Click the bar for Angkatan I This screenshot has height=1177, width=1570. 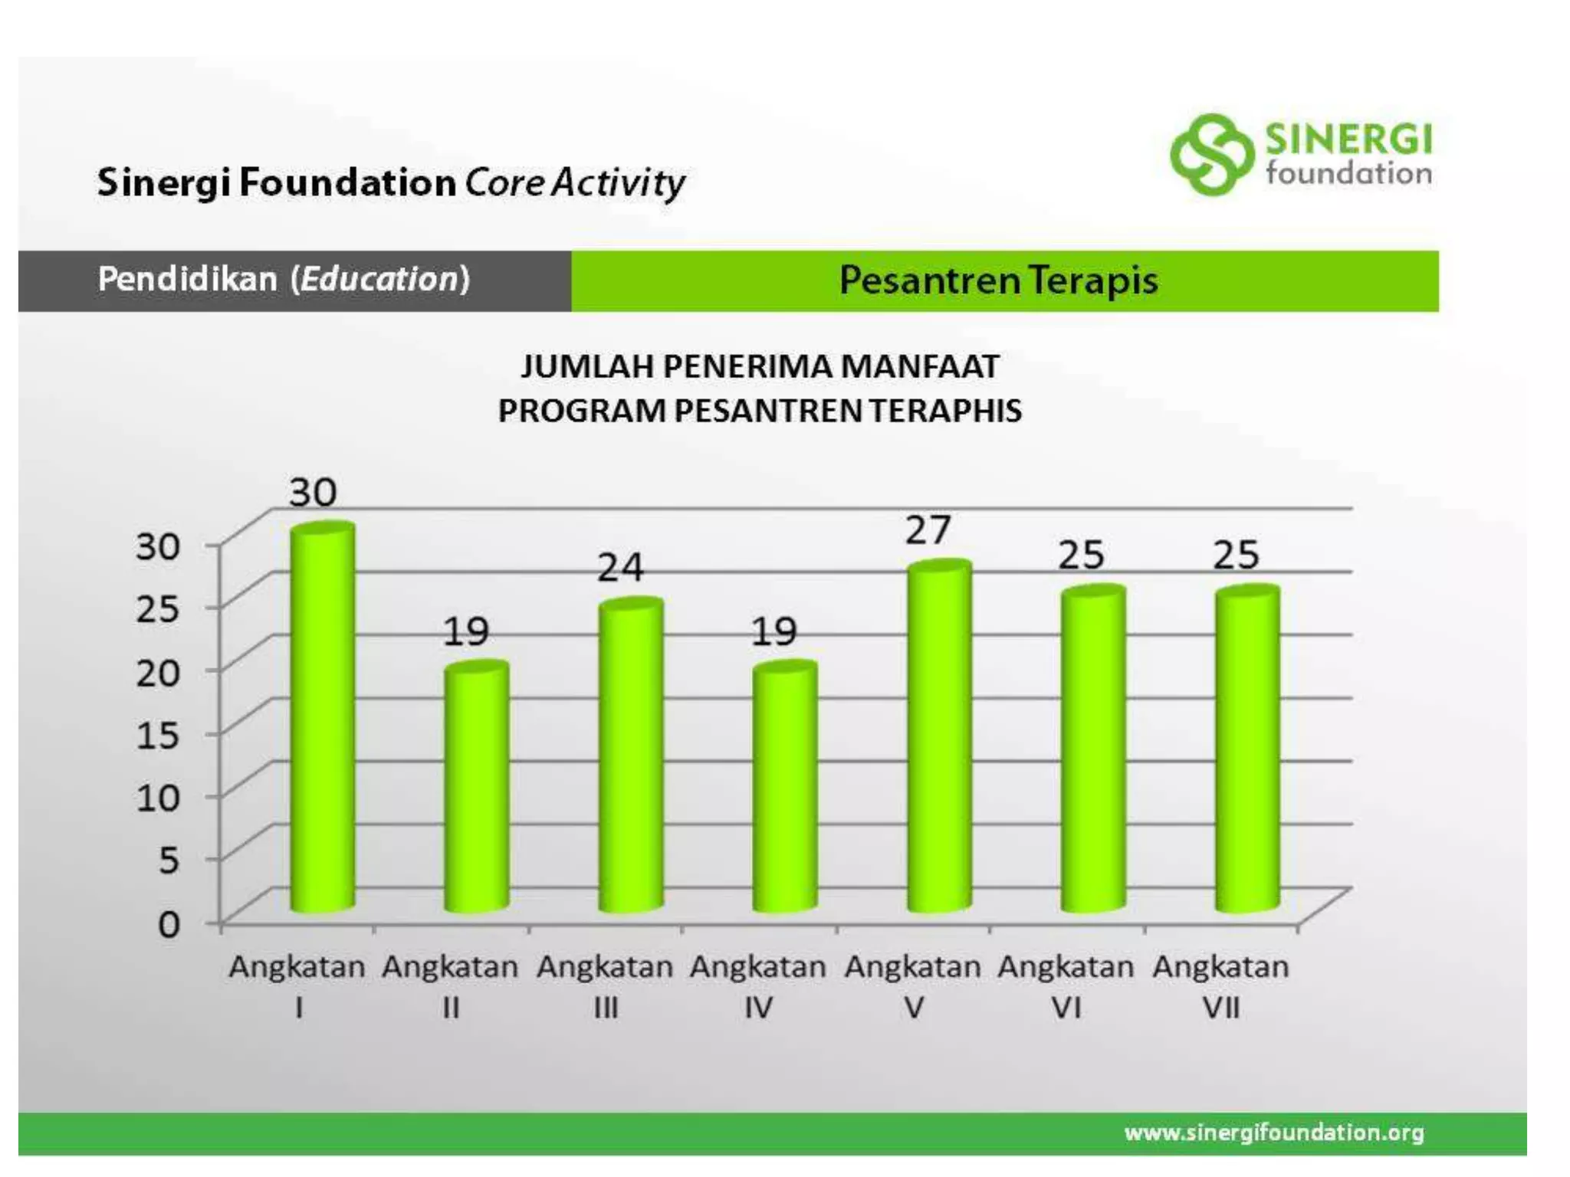tap(323, 720)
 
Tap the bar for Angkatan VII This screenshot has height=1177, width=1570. tap(1247, 751)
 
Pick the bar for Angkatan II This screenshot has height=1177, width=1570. tap(476, 789)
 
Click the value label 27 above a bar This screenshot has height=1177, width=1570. tap(928, 530)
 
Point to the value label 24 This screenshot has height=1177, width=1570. tap(620, 568)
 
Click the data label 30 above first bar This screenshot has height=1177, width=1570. tap(313, 492)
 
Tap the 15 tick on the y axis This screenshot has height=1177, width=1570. tap(158, 735)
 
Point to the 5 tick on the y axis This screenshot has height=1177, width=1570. tap(169, 861)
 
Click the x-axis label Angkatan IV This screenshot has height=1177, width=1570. tap(758, 986)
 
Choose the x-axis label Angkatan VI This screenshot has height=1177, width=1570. tap(1066, 986)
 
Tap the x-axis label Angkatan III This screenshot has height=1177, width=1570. tap(605, 986)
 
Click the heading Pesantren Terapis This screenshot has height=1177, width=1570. tap(998, 280)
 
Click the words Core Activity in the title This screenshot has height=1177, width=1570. tap(575, 183)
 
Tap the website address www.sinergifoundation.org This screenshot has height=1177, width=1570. tap(1274, 1133)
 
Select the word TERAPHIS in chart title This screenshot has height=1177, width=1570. tap(945, 411)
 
